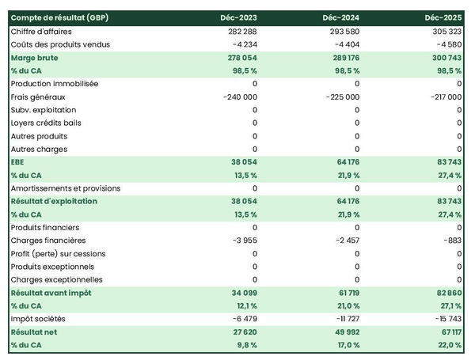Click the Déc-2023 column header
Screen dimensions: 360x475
point(240,17)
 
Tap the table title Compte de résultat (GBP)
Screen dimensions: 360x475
point(60,17)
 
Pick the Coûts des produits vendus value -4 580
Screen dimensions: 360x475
point(446,44)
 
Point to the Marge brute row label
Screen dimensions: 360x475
point(34,58)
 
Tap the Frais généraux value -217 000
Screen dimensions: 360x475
point(443,97)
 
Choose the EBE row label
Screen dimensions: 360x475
point(18,162)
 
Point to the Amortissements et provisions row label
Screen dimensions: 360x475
point(66,188)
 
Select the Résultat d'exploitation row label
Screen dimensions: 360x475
point(54,202)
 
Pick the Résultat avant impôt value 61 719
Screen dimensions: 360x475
point(346,293)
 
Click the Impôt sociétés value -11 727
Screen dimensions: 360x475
point(344,319)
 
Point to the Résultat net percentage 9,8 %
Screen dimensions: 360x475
point(245,345)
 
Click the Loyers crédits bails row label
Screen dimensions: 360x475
point(46,123)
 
